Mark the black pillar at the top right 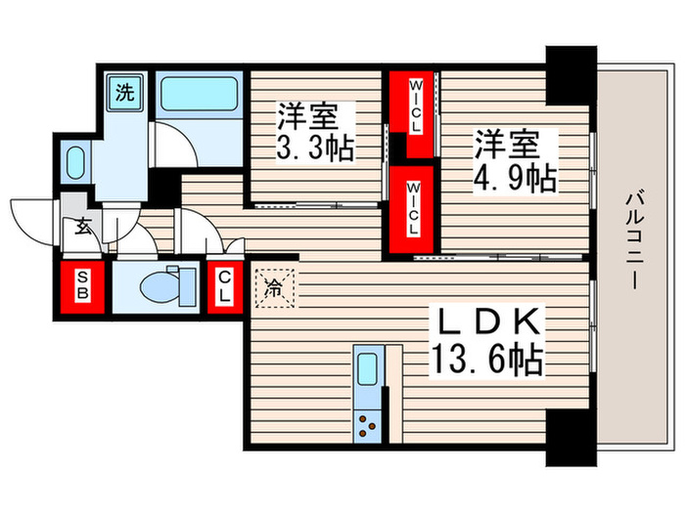tap(570, 74)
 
